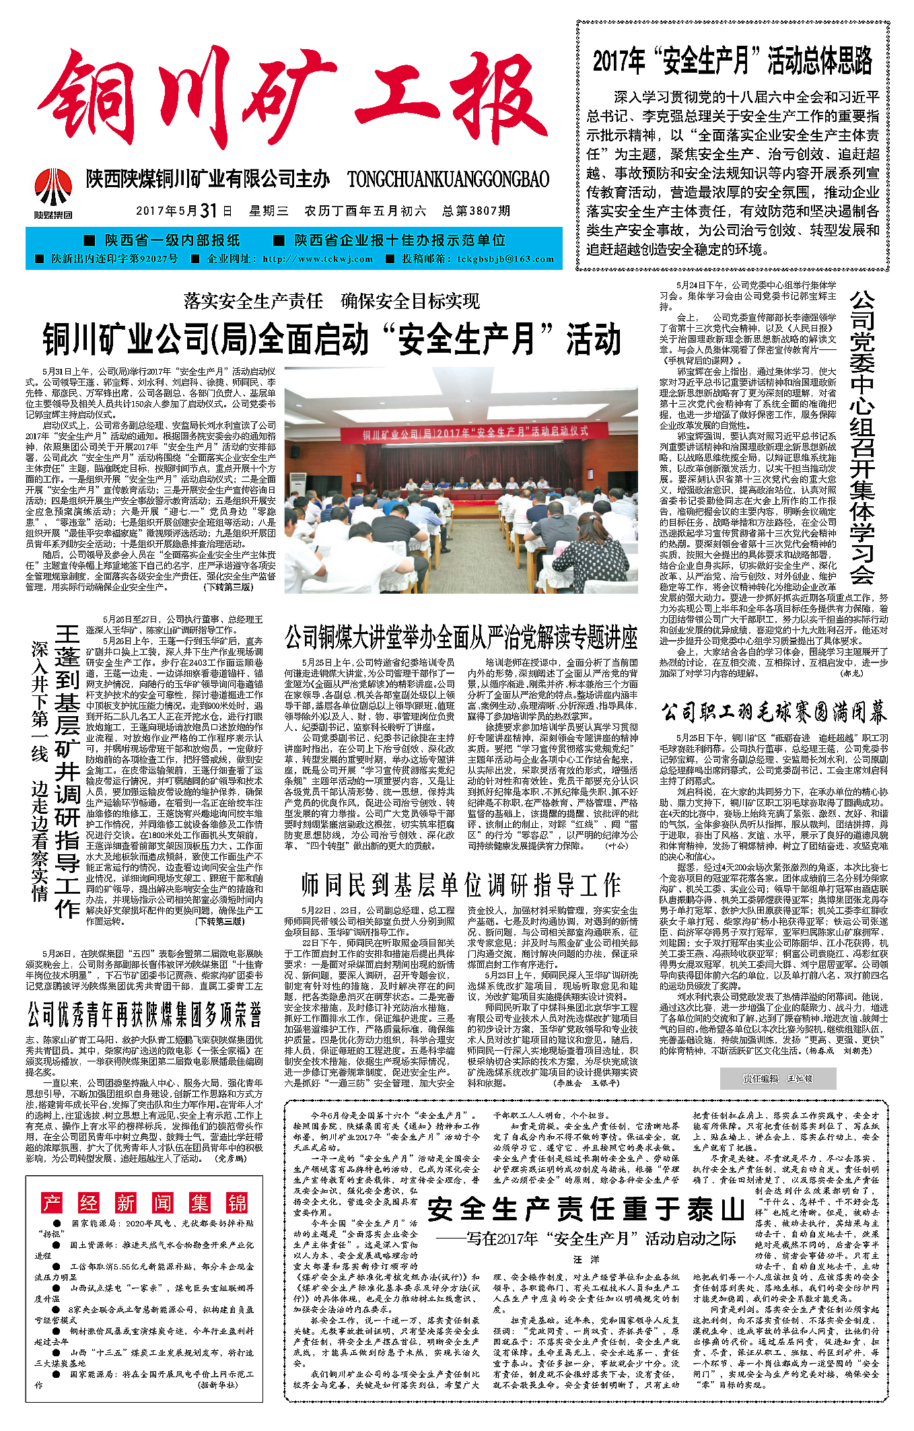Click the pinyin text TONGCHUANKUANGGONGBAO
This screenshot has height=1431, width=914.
(x=448, y=180)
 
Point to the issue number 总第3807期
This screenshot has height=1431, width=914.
(x=477, y=211)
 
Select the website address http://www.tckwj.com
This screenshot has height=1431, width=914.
(x=318, y=259)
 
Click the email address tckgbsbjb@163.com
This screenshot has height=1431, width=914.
(x=505, y=259)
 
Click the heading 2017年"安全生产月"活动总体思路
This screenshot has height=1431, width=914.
(x=732, y=61)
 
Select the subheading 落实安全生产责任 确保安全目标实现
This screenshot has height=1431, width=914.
(x=332, y=301)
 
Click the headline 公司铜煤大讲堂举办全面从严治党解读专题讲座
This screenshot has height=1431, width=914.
(x=460, y=637)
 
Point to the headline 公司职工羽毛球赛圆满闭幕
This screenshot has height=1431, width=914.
(x=773, y=712)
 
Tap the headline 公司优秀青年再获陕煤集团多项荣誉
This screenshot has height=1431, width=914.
(x=144, y=1014)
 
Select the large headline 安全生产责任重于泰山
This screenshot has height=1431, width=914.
(x=586, y=1209)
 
